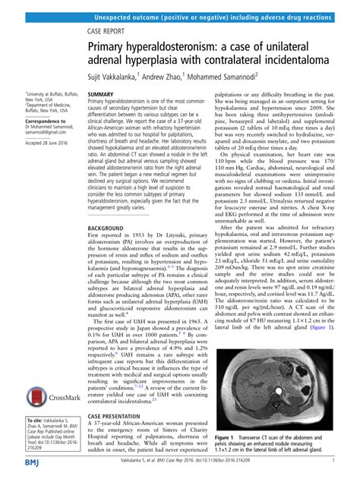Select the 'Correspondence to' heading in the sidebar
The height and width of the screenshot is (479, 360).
click(38, 121)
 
